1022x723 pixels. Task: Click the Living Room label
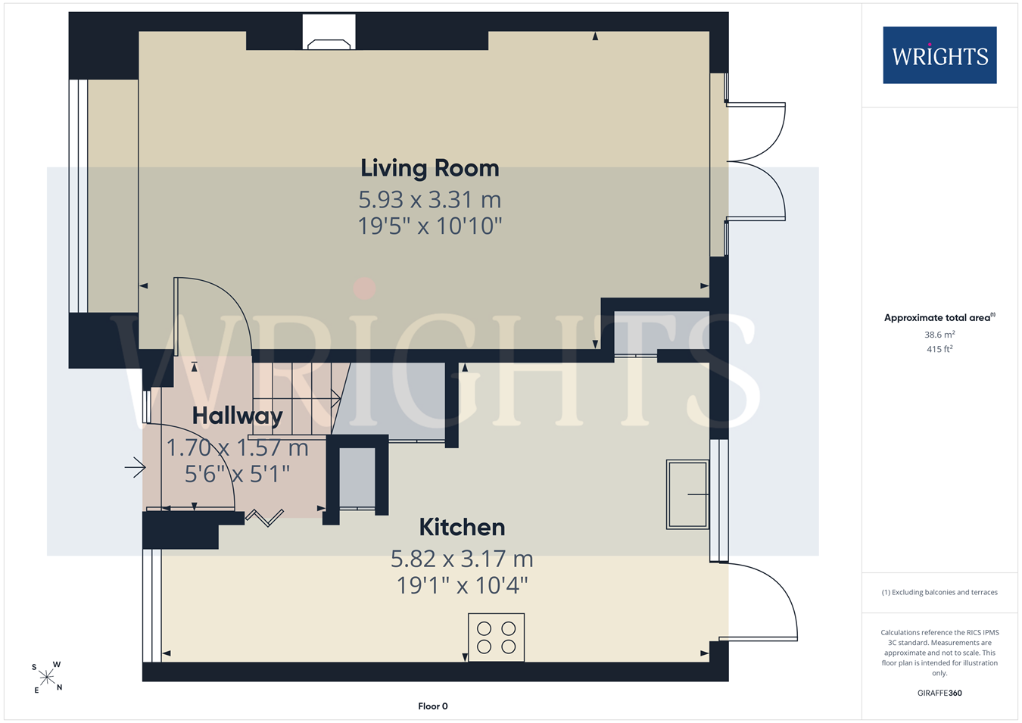coord(430,168)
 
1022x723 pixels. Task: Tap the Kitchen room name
coord(463,528)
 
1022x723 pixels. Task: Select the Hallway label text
coord(237,416)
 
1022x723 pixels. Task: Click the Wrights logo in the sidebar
coord(940,55)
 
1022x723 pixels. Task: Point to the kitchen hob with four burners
coord(497,637)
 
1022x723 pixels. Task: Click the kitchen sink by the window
coord(687,494)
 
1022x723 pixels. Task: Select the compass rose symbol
coord(46,678)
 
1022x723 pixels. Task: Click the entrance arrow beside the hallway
coord(135,467)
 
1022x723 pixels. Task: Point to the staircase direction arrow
coord(297,399)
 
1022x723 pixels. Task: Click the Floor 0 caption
coord(433,706)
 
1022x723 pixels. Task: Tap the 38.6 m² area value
coord(940,335)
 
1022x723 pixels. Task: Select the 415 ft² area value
coord(940,349)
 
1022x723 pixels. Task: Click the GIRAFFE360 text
coord(940,693)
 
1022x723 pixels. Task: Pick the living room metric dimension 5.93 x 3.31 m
coord(430,199)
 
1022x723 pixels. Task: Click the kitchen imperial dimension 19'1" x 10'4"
coord(463,585)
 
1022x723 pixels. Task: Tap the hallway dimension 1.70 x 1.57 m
coord(237,447)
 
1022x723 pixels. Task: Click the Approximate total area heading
coord(940,317)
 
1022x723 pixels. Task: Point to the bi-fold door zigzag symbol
coord(265,518)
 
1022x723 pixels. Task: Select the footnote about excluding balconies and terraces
coord(940,592)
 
